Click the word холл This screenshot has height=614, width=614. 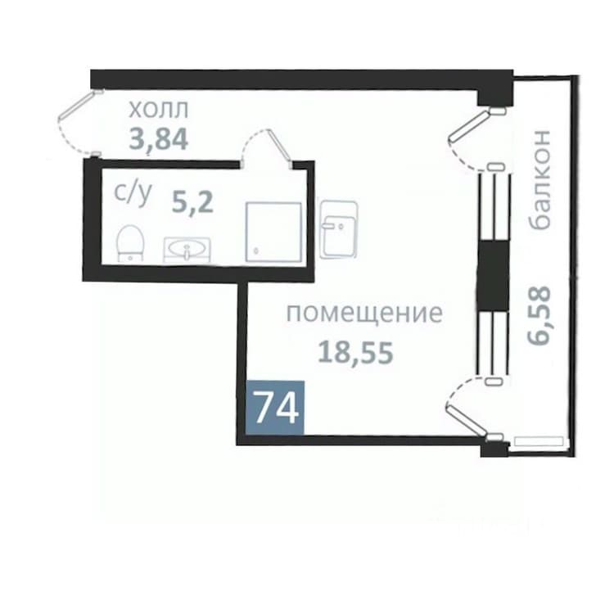coord(159,110)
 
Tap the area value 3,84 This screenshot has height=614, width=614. coord(159,139)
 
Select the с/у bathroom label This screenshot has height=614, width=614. coord(133,194)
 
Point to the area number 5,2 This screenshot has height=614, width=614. coord(192,203)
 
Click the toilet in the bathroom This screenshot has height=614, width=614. coord(130,243)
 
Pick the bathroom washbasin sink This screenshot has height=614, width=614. coord(187,250)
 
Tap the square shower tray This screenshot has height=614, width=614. coord(273,232)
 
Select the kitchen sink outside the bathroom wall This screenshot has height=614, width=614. coord(338,229)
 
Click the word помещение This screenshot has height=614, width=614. coord(364,314)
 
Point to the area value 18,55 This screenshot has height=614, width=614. coord(355,351)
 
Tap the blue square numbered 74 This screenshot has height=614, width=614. coord(274,407)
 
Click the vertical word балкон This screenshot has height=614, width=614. coord(540,179)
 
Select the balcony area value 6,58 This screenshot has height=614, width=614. coord(540,315)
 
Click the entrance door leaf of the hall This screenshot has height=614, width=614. coord(81,104)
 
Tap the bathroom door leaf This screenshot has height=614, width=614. coord(280,148)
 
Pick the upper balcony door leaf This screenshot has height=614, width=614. coord(469,125)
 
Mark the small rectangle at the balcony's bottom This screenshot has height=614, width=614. coord(539,442)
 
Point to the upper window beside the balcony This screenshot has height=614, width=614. coord(494,207)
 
